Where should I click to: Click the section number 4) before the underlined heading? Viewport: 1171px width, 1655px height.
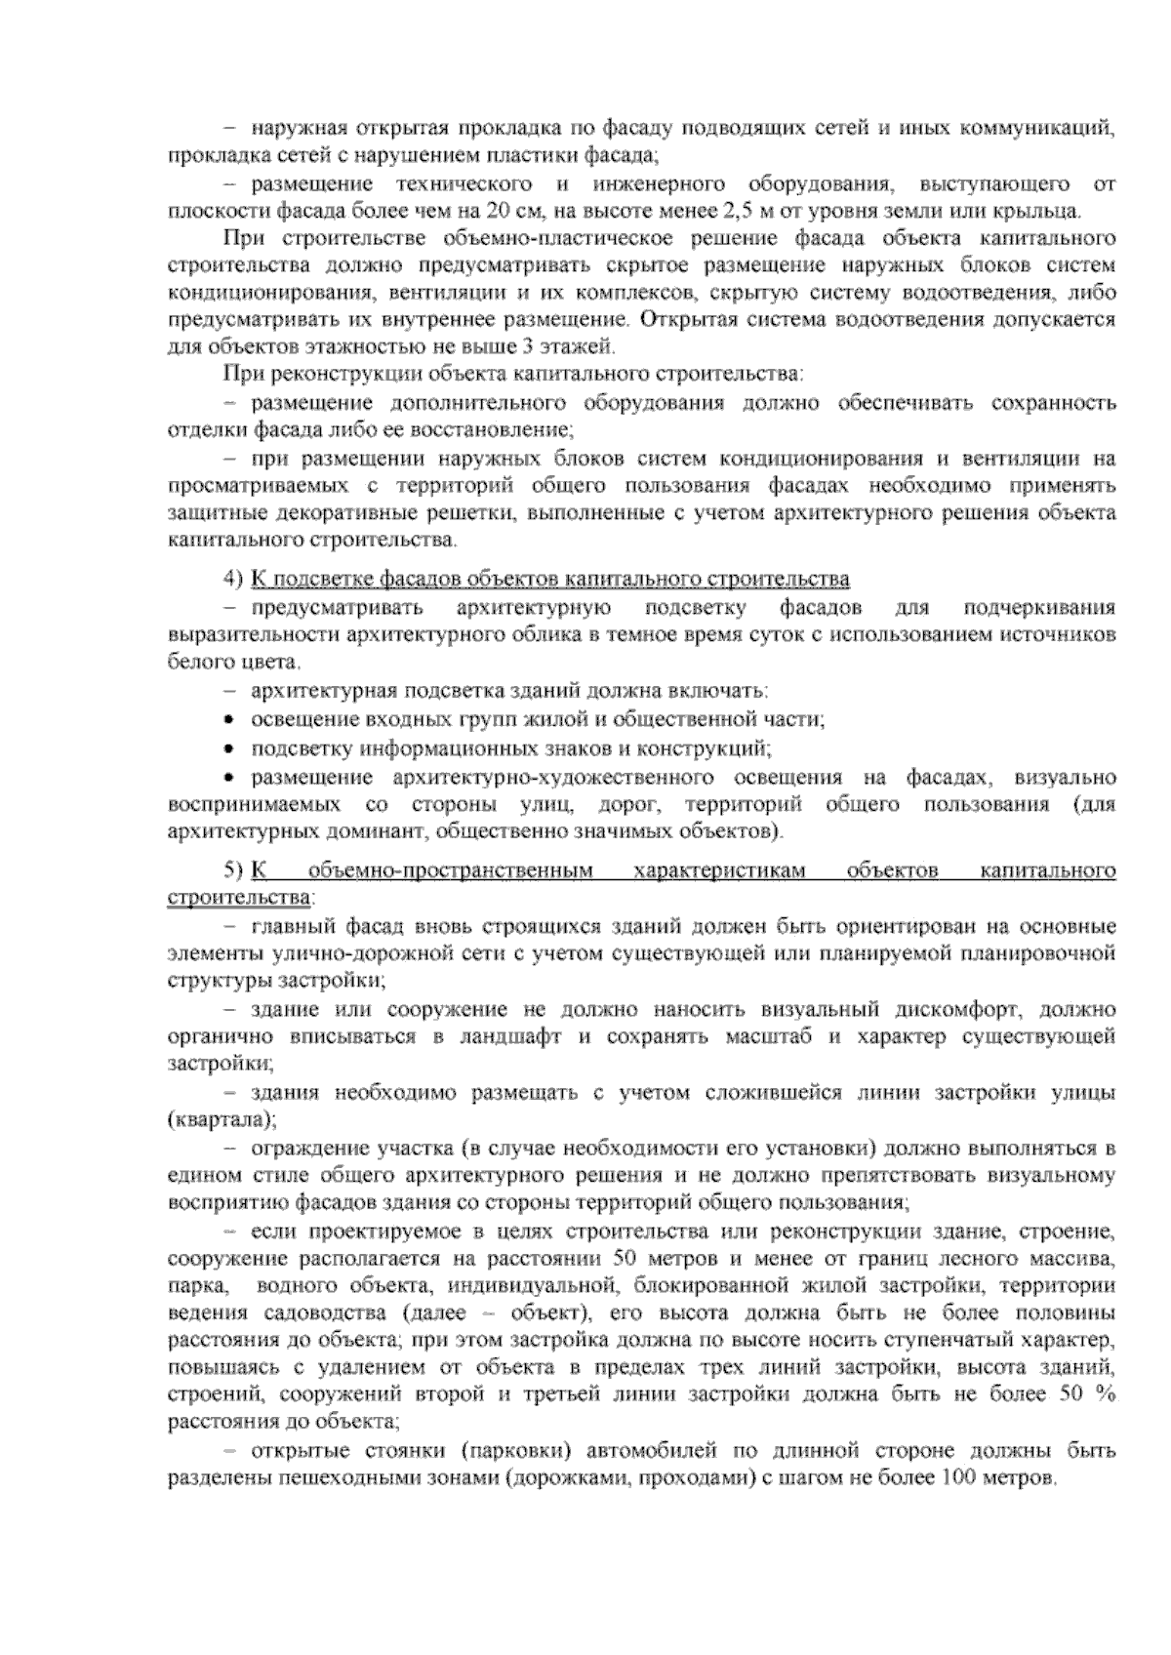tap(232, 580)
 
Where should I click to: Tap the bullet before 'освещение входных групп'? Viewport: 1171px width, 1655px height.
tap(228, 720)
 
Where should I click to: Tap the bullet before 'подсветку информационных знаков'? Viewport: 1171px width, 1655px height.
tap(228, 749)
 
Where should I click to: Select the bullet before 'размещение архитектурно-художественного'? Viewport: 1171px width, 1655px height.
tap(228, 778)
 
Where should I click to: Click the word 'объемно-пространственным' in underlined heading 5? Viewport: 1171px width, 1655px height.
tap(452, 870)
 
